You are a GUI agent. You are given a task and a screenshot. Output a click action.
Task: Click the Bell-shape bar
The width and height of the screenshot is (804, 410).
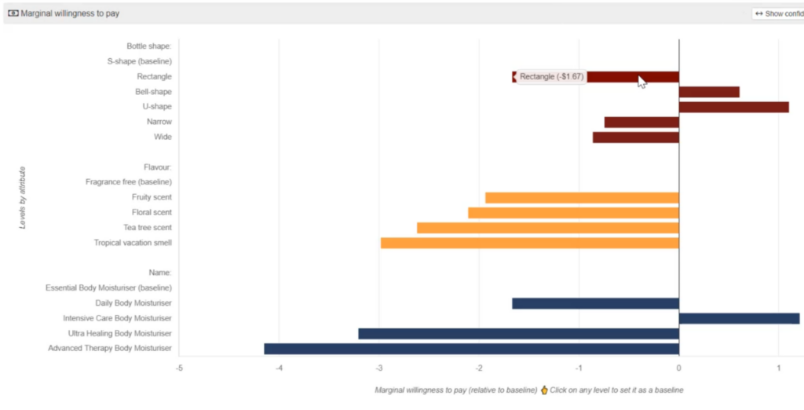(x=709, y=92)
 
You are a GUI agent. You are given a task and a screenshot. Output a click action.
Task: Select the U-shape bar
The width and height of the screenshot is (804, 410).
(x=733, y=107)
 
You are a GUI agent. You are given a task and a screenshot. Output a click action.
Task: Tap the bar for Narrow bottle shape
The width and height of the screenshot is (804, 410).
(x=641, y=122)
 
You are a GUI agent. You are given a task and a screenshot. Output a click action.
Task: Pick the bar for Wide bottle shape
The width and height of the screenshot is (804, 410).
(x=635, y=137)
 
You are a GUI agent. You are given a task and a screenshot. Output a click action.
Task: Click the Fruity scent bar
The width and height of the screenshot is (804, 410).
(x=582, y=198)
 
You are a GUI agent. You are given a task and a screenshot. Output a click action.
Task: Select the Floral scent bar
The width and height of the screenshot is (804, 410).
(x=573, y=213)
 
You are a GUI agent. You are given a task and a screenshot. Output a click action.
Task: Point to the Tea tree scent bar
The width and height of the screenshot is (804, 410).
(x=547, y=228)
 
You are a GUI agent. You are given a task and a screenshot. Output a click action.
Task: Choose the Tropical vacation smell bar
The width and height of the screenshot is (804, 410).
(x=529, y=243)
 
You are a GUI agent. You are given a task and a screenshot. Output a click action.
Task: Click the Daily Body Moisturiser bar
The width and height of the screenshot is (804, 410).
(x=595, y=303)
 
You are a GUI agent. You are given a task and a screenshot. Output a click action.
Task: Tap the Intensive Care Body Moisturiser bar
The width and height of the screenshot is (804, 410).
(x=739, y=318)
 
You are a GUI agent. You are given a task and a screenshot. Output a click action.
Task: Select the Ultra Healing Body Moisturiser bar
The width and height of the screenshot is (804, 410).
(x=518, y=334)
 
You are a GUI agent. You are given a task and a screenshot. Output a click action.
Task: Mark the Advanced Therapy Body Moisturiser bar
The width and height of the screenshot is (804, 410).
(x=471, y=349)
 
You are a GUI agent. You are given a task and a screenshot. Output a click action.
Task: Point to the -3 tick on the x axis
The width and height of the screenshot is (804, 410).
(x=379, y=368)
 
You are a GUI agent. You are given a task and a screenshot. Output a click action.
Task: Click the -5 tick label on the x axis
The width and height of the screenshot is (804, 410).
(x=179, y=368)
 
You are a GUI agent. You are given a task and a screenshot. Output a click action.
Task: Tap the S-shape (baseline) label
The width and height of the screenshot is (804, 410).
(x=139, y=61)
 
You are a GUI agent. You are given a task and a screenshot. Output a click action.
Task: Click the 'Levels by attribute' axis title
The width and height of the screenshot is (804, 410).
(x=24, y=197)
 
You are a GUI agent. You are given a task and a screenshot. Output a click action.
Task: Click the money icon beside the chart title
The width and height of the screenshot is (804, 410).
(x=13, y=13)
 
